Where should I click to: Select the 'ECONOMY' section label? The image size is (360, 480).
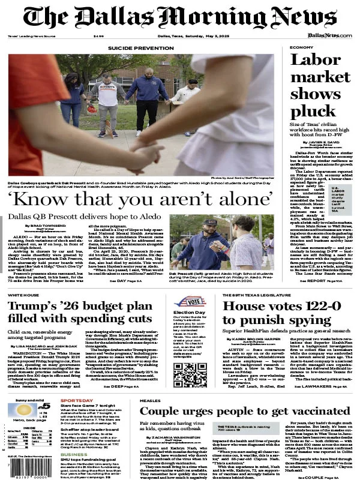[x=301, y=47]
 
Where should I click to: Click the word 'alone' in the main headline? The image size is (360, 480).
[x=241, y=197]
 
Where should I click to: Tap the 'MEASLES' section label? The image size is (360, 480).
[x=151, y=400]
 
